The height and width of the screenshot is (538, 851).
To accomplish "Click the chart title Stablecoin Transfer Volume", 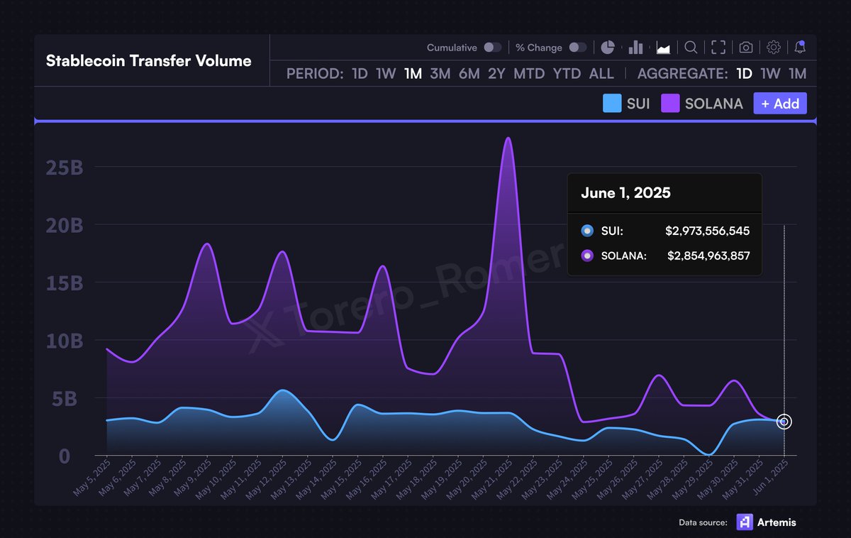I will (148, 61).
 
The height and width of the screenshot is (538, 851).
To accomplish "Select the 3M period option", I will (440, 74).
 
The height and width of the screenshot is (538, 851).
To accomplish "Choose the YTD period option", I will (567, 74).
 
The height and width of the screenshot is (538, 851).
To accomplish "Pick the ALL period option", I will (601, 74).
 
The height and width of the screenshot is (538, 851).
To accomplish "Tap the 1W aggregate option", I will (770, 74).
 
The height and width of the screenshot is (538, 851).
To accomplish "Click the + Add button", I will (779, 104).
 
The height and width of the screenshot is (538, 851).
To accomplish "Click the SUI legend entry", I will (626, 104).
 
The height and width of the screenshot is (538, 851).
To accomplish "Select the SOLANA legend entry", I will (702, 104).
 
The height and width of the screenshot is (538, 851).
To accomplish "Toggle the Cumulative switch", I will (492, 48).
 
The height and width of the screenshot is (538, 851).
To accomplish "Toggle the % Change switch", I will (578, 48).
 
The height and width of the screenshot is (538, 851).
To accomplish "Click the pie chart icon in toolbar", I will (608, 48).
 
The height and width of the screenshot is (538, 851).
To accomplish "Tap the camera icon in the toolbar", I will (745, 48).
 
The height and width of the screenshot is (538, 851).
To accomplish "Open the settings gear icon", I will (774, 48).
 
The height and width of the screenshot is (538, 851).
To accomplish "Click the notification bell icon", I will (800, 48).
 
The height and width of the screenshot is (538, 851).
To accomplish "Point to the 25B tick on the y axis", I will (65, 168).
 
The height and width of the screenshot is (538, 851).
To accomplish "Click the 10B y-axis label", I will (65, 341).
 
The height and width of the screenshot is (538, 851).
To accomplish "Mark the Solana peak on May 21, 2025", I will (508, 138).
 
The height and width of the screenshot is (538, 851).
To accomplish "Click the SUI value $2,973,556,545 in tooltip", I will (707, 231).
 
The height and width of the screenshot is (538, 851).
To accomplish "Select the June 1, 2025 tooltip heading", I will (625, 193).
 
